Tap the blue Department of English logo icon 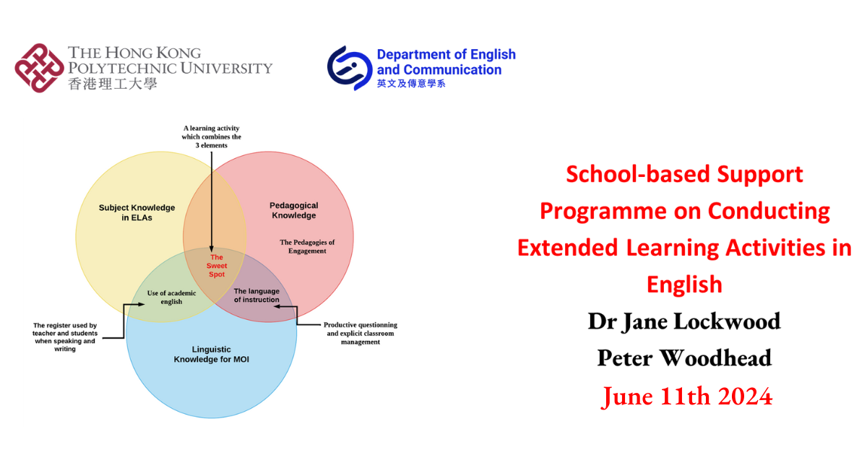350,68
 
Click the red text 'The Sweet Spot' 217,266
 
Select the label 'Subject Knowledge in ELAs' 137,212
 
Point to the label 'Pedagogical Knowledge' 294,210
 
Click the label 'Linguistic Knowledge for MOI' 212,353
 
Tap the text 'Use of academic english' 171,298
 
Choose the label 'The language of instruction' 256,295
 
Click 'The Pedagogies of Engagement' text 307,246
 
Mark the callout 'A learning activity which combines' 212,136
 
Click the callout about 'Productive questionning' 360,333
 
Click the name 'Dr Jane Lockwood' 684,320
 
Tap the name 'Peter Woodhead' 684,357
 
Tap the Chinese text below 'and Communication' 411,84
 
